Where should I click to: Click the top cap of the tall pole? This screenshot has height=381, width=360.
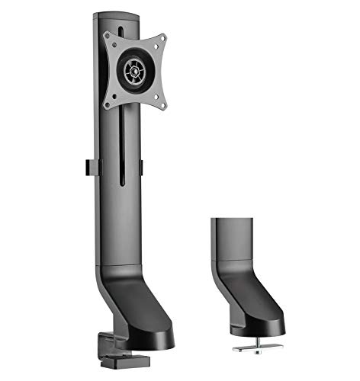(117, 15)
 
